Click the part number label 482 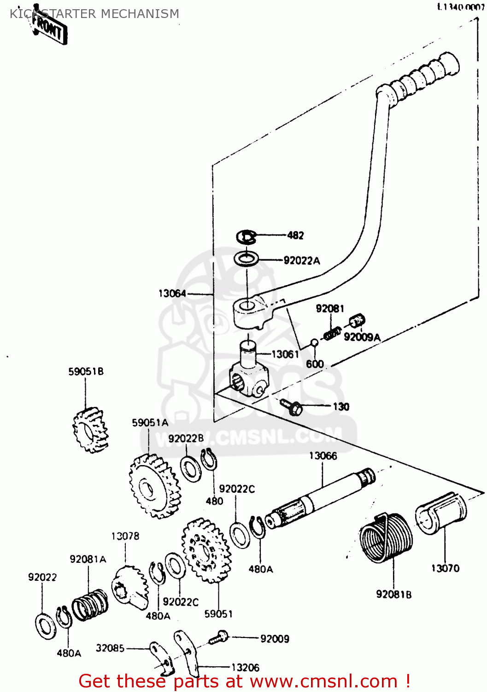[295, 235]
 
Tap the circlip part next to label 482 [246, 237]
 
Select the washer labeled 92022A [246, 259]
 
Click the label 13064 [172, 293]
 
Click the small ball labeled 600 [314, 343]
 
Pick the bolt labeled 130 [291, 406]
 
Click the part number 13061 [285, 354]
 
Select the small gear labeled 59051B [90, 430]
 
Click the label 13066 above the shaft [323, 456]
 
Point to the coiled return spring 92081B [386, 537]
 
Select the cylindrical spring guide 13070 [441, 513]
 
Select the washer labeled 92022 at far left [45, 626]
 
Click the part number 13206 [245, 668]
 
